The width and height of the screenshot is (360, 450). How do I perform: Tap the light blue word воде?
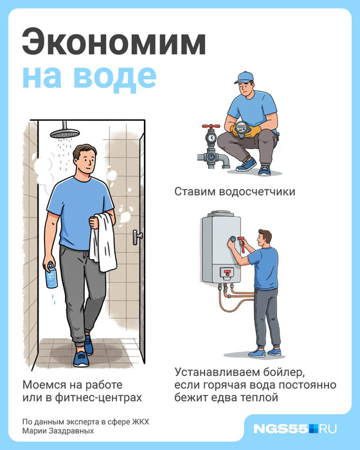click(115, 77)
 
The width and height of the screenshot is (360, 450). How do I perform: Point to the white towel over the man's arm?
click(103, 242)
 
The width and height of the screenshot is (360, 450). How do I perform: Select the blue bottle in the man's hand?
click(51, 275)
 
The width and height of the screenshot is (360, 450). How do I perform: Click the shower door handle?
click(137, 237)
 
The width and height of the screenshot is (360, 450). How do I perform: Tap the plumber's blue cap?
click(244, 77)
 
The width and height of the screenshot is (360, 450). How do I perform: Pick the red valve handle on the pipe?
click(211, 126)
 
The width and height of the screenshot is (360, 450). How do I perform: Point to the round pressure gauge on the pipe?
click(212, 138)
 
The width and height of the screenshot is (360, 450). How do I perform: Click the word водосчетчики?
click(257, 192)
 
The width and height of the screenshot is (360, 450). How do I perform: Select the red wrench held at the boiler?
click(242, 244)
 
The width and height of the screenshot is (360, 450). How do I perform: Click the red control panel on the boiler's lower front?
click(228, 273)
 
